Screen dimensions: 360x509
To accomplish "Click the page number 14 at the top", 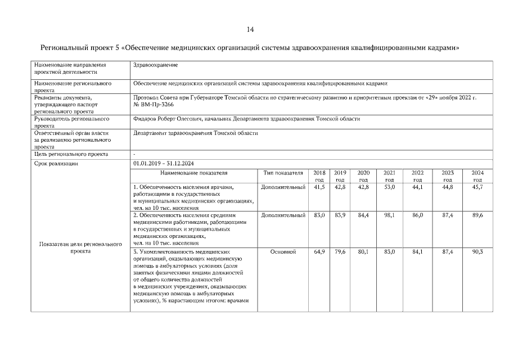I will pos(250,29).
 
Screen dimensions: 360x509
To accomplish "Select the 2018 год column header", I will pos(319,175).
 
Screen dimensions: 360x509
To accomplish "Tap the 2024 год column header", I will pos(478,175).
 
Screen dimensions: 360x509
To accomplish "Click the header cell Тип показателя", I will pos(283,173).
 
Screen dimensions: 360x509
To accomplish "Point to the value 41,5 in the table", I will pos(319,187).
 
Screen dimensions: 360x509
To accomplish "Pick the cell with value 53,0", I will pos(389,187).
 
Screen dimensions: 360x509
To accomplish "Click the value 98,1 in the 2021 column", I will pos(389,215).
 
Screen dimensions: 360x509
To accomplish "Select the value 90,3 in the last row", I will pos(478,252).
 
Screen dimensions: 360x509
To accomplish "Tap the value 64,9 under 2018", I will pos(319,252).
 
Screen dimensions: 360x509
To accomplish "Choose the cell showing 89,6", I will pos(478,215).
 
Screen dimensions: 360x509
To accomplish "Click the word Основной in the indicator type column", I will pos(283,252).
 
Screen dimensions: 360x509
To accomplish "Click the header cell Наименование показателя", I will pos(193,173).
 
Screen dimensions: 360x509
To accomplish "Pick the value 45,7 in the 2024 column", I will pos(478,187).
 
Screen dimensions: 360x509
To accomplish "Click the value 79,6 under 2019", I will pos(340,252).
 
